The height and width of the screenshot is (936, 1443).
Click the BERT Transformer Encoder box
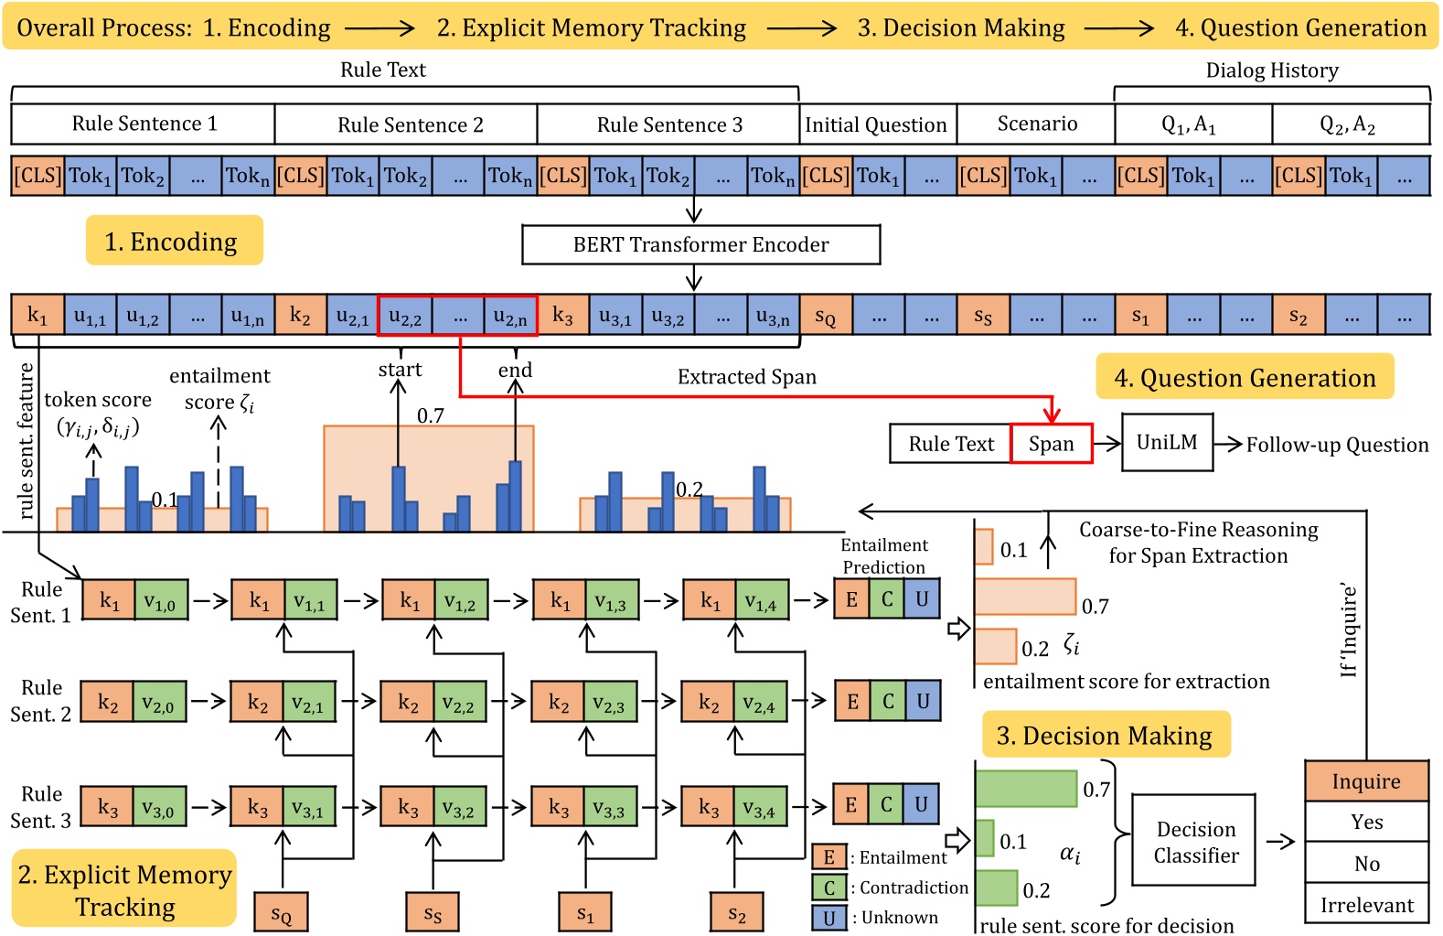click(x=700, y=244)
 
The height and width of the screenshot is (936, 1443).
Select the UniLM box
click(x=1167, y=443)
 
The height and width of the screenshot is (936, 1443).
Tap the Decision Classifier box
click(x=1195, y=842)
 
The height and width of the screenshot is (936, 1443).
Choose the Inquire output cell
click(x=1366, y=781)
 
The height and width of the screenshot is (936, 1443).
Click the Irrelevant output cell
click(x=1366, y=905)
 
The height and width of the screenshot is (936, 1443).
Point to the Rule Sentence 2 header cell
click(x=410, y=124)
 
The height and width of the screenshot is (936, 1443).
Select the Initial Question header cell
click(x=876, y=124)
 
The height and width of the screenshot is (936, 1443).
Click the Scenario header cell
click(x=1037, y=124)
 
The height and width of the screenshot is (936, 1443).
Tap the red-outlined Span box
click(x=1052, y=444)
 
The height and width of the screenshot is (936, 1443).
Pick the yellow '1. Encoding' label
click(x=174, y=241)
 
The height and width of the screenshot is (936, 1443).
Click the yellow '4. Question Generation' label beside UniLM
click(x=1245, y=378)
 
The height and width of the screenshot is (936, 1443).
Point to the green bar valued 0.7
click(x=1026, y=789)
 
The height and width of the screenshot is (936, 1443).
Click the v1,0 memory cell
click(x=161, y=601)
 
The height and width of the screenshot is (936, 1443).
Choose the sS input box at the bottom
click(x=433, y=913)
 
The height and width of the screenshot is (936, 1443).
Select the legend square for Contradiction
click(x=828, y=888)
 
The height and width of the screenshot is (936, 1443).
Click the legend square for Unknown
click(x=828, y=918)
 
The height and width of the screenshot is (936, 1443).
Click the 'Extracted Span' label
click(x=746, y=377)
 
